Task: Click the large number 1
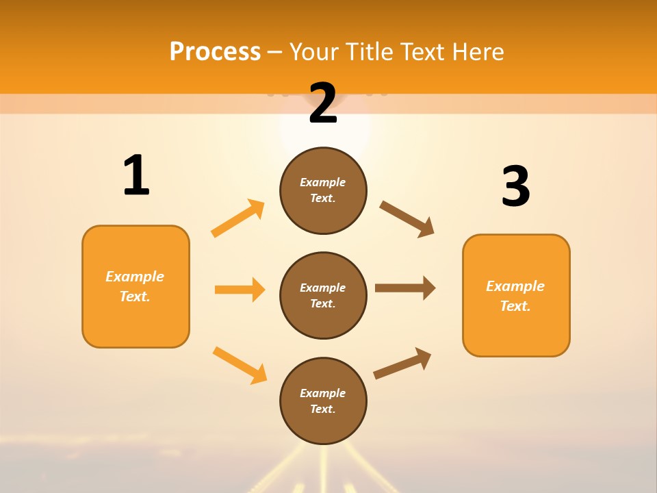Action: (x=136, y=176)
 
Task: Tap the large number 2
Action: (x=323, y=104)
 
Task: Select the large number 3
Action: (x=516, y=187)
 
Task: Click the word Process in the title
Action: (x=215, y=51)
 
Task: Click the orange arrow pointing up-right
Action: (x=238, y=218)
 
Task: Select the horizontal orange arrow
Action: (x=240, y=290)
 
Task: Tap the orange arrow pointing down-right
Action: (x=240, y=365)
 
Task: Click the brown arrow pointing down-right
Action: (x=407, y=219)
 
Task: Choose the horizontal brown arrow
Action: (x=405, y=288)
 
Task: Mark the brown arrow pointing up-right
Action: (x=402, y=363)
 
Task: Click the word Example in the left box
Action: (x=135, y=277)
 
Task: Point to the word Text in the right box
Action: (x=515, y=306)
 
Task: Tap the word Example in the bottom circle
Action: (x=323, y=393)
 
